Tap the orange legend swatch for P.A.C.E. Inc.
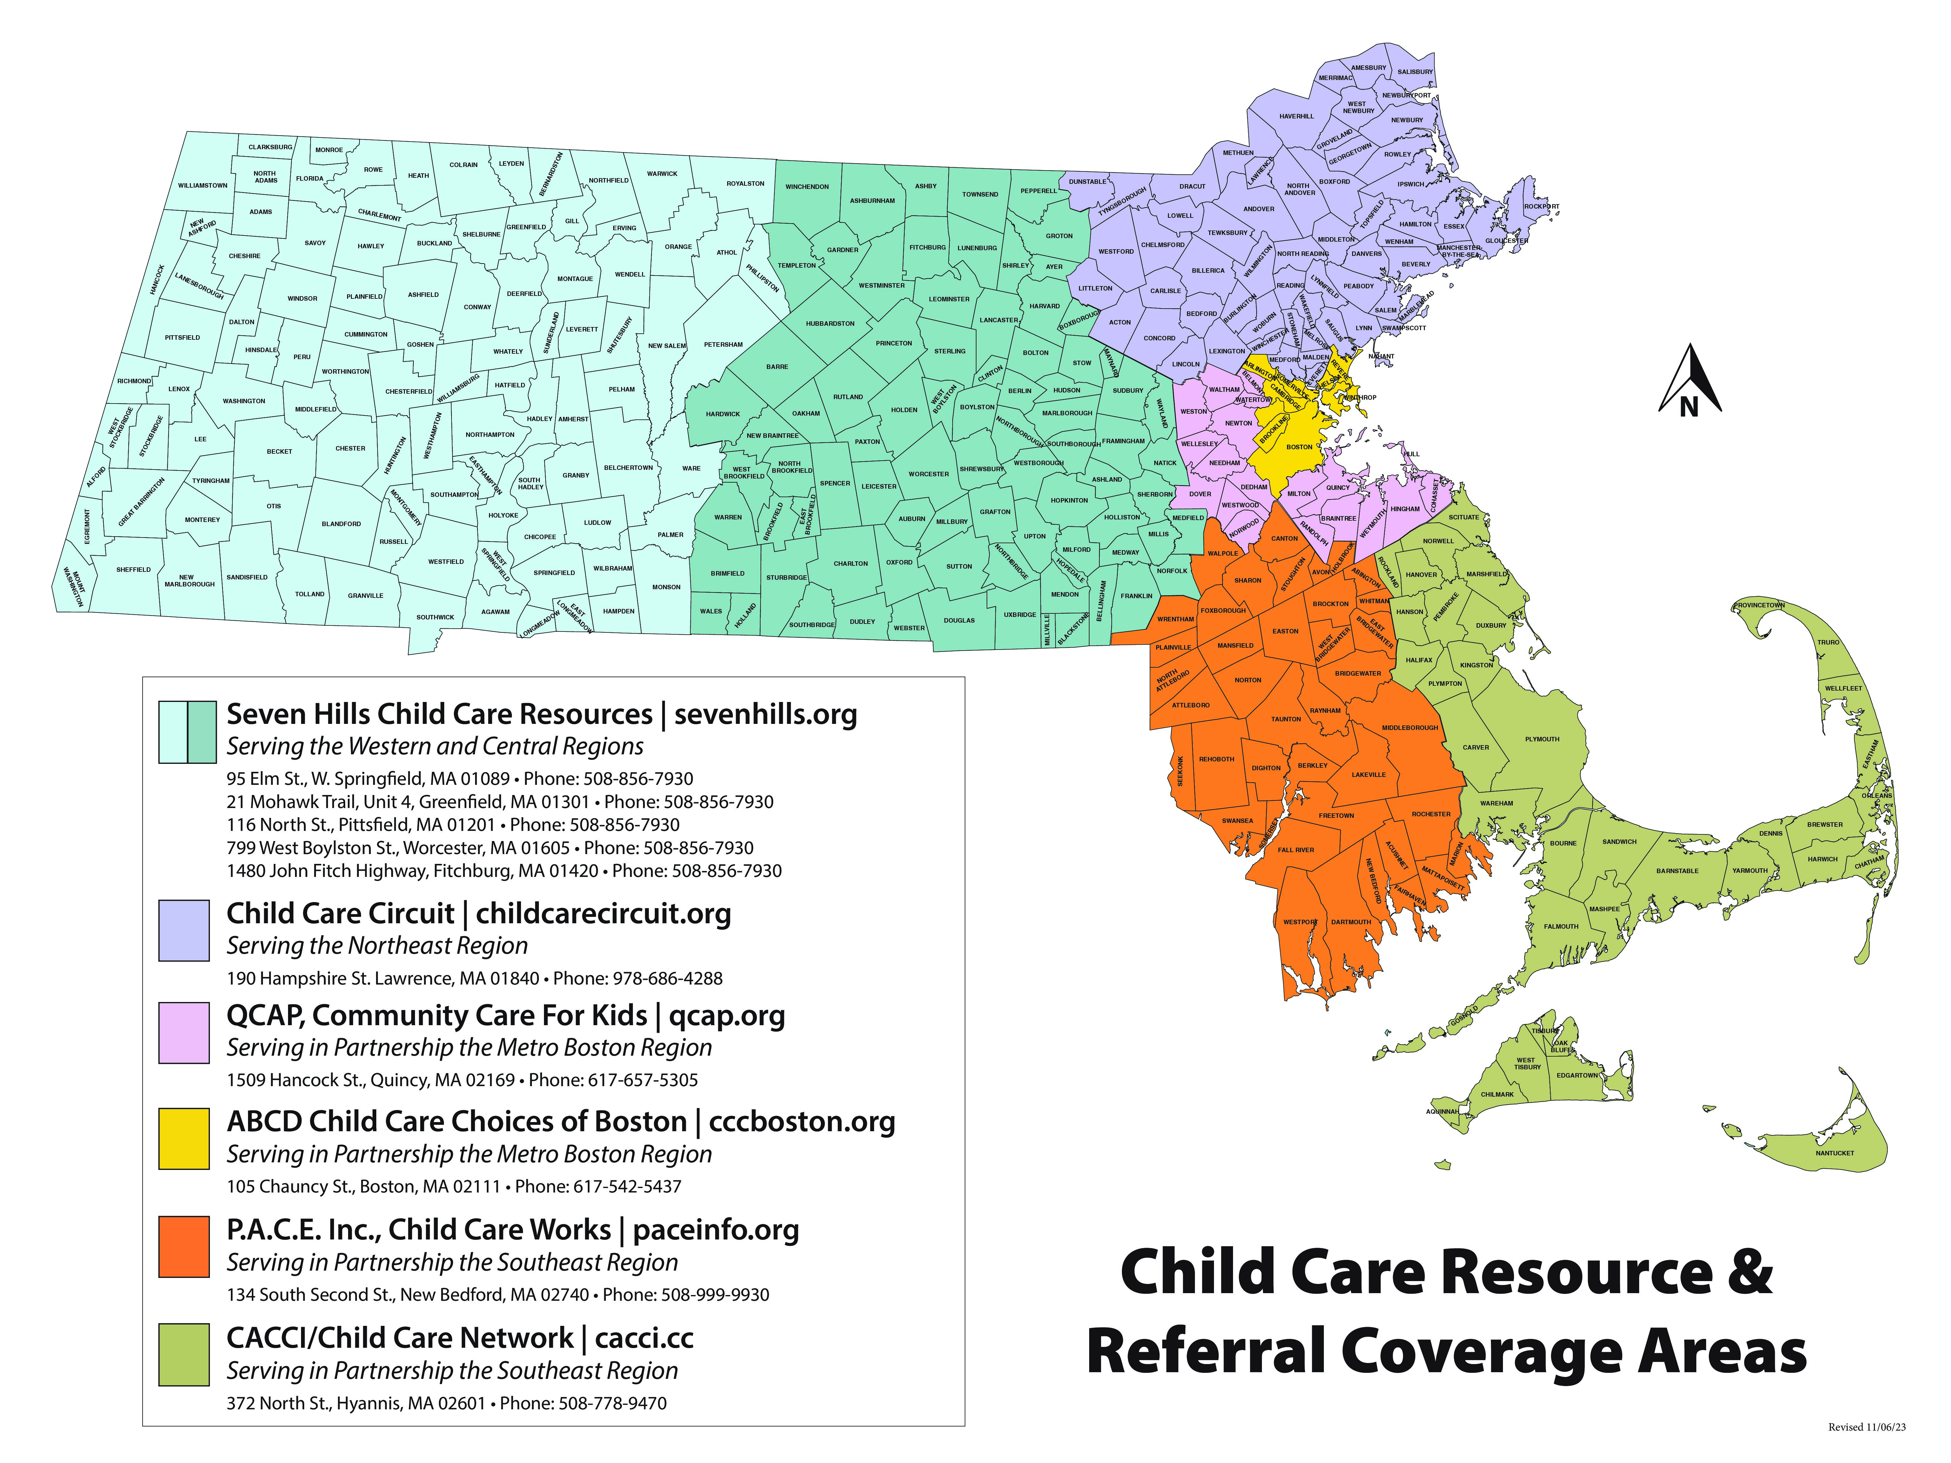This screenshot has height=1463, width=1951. click(x=184, y=1246)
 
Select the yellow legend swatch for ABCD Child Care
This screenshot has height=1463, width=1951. click(x=184, y=1139)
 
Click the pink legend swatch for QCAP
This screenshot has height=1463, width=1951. click(x=184, y=1032)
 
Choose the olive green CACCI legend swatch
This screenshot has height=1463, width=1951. click(x=184, y=1354)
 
